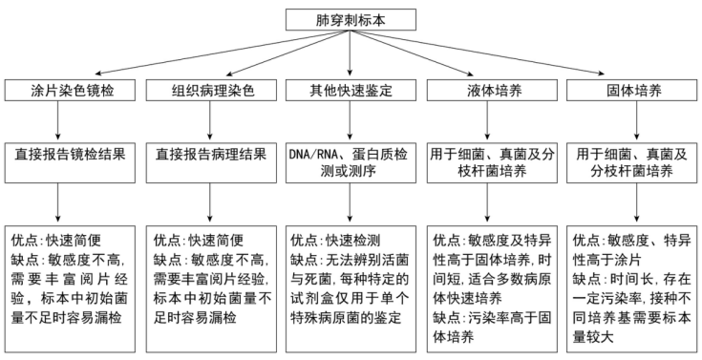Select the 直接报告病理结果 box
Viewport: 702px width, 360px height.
point(211,153)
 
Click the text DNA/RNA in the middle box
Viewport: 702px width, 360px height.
point(314,153)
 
